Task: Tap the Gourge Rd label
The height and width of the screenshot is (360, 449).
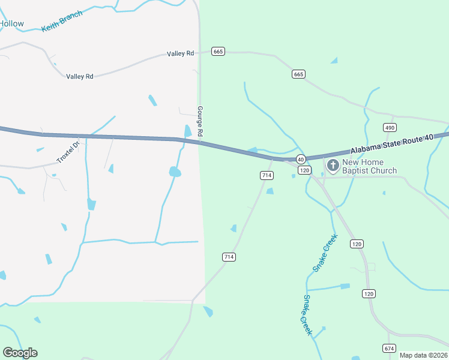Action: pos(200,120)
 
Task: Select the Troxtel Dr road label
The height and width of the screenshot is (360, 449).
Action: pos(68,152)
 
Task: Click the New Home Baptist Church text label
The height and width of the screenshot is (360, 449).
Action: pos(369,166)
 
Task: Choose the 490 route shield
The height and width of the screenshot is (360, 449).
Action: pos(390,128)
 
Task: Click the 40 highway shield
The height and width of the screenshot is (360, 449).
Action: pos(300,159)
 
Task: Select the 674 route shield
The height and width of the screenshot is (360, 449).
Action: pos(389,348)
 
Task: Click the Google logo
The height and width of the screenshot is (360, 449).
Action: pos(20,352)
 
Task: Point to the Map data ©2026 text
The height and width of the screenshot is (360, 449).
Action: pos(423,355)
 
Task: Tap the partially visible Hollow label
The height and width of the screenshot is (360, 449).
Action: pos(12,24)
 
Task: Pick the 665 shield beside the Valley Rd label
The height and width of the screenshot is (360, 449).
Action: pos(218,52)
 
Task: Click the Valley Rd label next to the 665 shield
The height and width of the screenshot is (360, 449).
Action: pos(181,54)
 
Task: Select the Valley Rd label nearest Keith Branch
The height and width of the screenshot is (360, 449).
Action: pos(80,76)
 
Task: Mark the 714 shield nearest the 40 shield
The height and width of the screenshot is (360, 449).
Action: pos(267,175)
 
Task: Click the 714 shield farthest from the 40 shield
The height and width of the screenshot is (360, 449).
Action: pos(228,257)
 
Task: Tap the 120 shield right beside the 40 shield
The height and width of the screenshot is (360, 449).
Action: pos(305,170)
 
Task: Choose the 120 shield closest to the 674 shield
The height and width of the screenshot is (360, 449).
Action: pos(369,293)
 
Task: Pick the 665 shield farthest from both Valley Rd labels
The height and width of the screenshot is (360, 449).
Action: pos(298,74)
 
